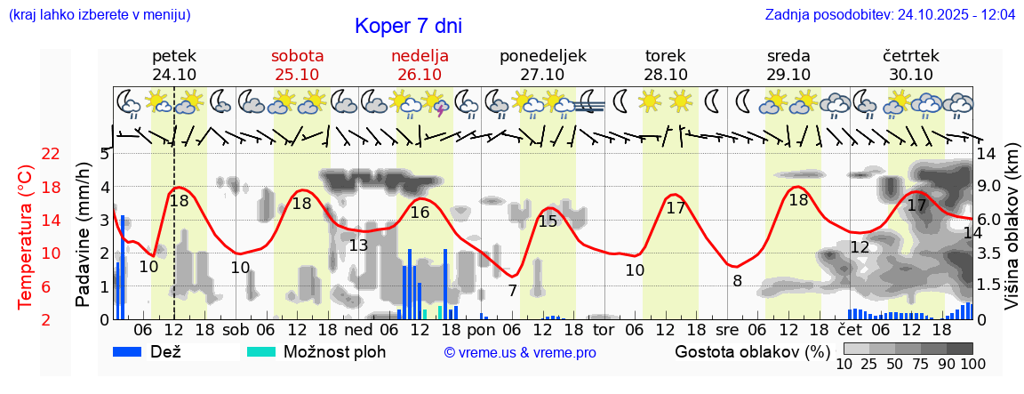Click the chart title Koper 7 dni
coord(408,26)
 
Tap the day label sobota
coord(297,56)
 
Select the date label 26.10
coord(420,75)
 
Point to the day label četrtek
coord(910,56)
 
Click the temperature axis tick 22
coord(51,154)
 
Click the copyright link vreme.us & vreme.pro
coord(519,352)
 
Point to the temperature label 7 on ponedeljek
coord(513,290)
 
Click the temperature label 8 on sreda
coord(737,281)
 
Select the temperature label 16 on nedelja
coord(420,213)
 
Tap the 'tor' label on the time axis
coord(604,329)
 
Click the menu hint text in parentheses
coord(99,14)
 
